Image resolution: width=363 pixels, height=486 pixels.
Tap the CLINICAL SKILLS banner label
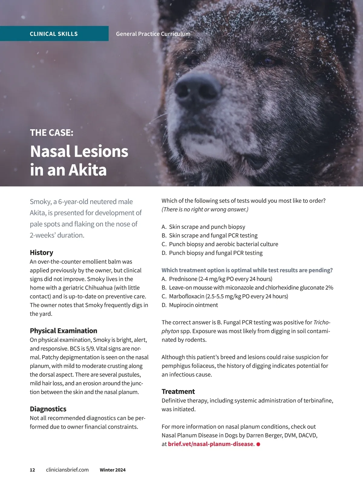[x=54, y=34]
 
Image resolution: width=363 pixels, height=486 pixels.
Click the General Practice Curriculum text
[x=153, y=34]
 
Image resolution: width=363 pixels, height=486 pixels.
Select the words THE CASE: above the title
[x=51, y=133]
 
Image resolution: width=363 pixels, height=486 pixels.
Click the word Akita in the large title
[x=88, y=170]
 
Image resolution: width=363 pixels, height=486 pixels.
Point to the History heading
[x=41, y=252]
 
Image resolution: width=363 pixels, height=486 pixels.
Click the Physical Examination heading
[x=64, y=330]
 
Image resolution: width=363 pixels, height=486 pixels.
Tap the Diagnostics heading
[x=48, y=409]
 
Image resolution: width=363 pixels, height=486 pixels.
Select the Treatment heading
[x=178, y=391]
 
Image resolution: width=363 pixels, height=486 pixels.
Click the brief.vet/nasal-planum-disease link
[x=210, y=444]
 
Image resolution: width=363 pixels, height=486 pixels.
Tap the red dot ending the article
[x=258, y=444]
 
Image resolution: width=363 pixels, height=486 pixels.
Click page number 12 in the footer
[x=32, y=470]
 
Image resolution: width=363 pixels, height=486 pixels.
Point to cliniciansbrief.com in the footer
[x=67, y=470]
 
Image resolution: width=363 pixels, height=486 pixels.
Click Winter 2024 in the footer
[x=113, y=470]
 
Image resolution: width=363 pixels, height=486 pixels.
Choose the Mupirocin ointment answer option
[x=193, y=305]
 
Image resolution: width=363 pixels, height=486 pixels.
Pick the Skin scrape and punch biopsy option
[x=207, y=227]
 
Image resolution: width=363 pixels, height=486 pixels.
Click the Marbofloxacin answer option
[x=228, y=296]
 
